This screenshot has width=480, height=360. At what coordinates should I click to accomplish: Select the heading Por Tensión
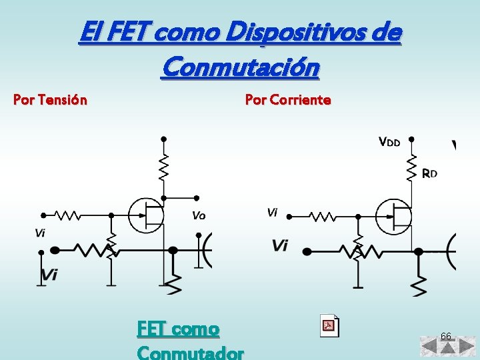pos(50,101)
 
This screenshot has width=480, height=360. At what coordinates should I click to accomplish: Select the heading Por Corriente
pos(288,100)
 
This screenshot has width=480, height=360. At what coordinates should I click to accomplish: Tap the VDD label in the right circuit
pos(390,141)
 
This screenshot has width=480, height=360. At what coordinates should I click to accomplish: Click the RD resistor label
pos(430,173)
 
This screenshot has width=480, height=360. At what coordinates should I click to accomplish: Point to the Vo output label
pos(199,215)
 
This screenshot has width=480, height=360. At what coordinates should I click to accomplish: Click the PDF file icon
pos(329,325)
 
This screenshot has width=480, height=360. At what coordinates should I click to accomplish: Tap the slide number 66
pos(446,336)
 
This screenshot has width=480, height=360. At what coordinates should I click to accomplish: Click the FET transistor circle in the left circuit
pos(146,215)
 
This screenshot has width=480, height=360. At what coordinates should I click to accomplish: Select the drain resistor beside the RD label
pos(413,167)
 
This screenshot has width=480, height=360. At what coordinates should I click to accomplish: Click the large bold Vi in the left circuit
pos(50,274)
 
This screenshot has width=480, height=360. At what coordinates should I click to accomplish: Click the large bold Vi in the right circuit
pos(281,246)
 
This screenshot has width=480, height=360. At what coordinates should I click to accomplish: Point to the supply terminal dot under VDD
pos(413,139)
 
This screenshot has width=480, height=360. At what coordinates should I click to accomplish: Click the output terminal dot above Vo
pos(197,197)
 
